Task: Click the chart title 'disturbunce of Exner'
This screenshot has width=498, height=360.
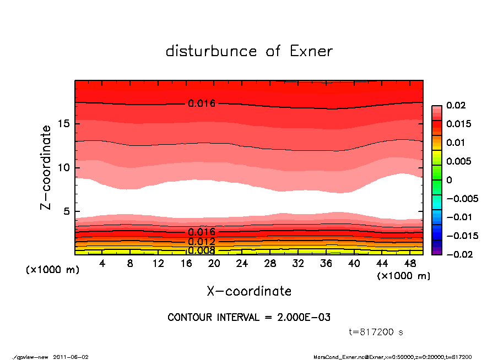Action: click(249, 51)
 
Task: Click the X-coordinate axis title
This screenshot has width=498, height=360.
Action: click(249, 291)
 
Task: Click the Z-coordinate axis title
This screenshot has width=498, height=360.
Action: click(46, 167)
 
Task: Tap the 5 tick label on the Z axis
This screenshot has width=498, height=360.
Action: click(66, 211)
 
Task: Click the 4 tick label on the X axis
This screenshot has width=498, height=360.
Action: click(102, 263)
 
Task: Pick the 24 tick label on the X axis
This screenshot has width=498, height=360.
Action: click(242, 263)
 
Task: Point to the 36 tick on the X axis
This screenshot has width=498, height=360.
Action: click(326, 263)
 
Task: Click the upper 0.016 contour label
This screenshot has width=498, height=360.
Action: click(202, 103)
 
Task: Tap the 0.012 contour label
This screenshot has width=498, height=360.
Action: click(202, 242)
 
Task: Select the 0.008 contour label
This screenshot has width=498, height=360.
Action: click(202, 251)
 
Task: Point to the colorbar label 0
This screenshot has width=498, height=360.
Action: click(449, 180)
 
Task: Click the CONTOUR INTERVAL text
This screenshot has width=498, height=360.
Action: click(249, 318)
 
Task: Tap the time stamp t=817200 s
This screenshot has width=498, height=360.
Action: click(377, 332)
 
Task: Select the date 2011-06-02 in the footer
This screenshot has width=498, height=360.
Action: click(71, 357)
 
